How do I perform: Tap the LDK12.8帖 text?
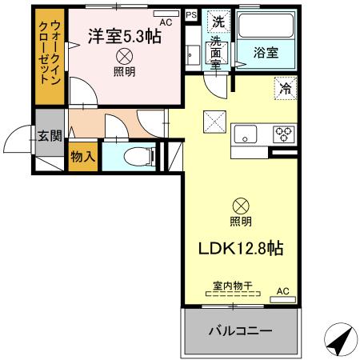click(x=240, y=249)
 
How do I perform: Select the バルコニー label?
click(x=240, y=330)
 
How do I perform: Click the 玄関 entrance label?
click(x=49, y=135)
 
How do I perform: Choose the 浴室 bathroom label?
click(x=267, y=52)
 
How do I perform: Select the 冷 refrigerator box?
click(x=284, y=88)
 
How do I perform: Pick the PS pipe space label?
click(x=190, y=14)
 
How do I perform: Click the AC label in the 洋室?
click(x=166, y=22)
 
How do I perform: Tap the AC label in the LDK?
click(x=282, y=291)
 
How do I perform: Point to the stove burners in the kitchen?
click(x=283, y=134)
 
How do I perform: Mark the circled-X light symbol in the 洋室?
click(x=124, y=56)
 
